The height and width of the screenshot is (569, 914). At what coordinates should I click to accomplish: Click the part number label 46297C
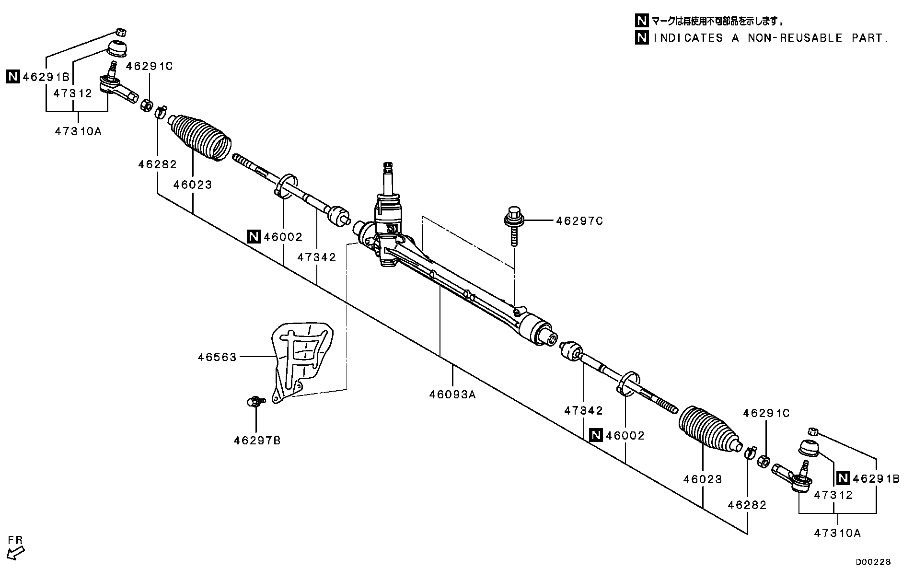point(579,221)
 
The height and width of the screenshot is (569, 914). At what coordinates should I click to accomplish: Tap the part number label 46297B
point(257,441)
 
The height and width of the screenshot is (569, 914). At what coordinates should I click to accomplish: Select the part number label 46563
point(217,357)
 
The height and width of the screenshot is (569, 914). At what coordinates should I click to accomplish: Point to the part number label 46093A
point(452,395)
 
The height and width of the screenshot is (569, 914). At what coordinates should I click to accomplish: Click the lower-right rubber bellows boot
point(709,429)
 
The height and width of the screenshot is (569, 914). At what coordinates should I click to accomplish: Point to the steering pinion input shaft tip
point(388,168)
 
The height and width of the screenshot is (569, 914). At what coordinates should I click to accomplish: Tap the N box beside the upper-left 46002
point(254,237)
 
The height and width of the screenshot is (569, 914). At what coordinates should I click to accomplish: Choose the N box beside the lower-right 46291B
point(843,478)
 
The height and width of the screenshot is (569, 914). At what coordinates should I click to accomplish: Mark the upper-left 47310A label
point(78,131)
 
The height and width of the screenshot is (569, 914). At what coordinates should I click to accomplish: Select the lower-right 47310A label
point(837,533)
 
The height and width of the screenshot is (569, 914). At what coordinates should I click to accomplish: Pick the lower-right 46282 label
point(747,505)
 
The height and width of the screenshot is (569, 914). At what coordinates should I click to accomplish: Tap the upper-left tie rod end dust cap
point(117,48)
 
